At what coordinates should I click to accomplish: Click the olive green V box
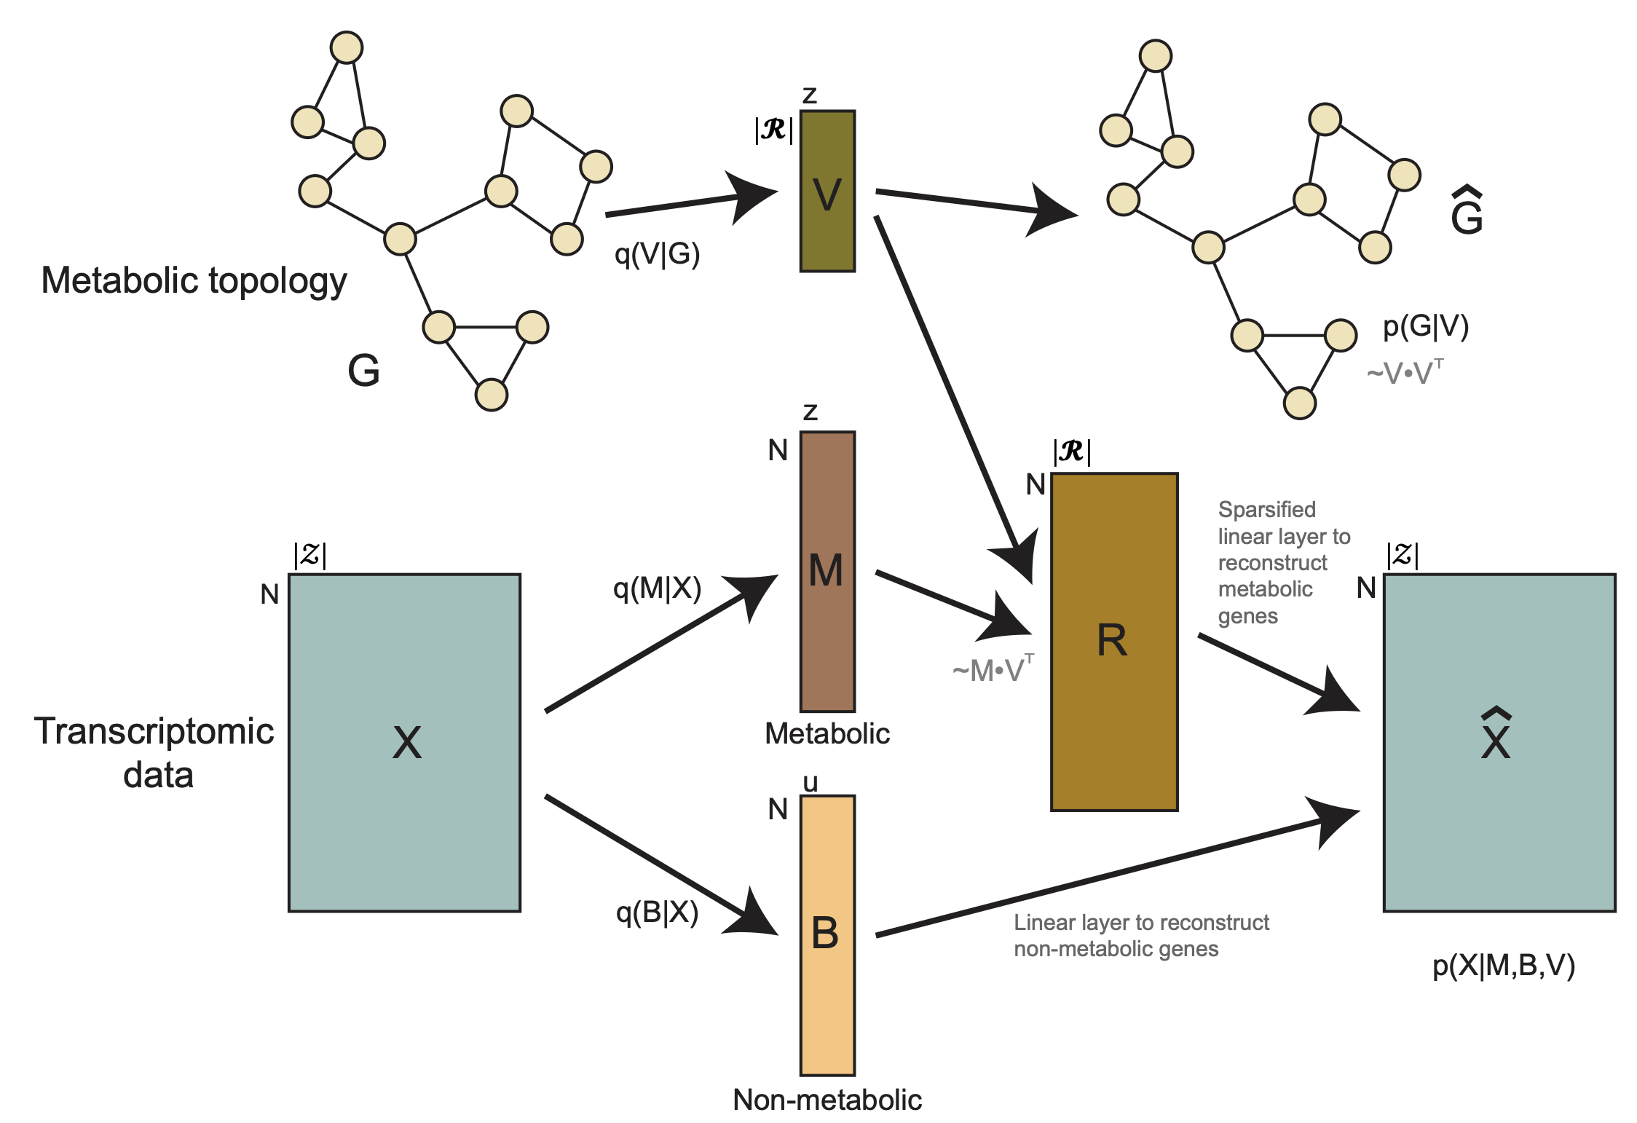pos(827,191)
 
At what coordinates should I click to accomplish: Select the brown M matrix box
pos(827,572)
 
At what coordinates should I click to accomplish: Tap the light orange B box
pos(827,935)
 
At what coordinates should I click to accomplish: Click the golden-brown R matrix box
pos(1114,642)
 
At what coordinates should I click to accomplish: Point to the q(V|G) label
pos(657,254)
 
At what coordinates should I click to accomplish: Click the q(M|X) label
pos(657,588)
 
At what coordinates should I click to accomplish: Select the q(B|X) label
pos(657,912)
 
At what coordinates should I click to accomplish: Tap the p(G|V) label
pos(1426,326)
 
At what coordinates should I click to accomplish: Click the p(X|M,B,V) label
pos(1504,965)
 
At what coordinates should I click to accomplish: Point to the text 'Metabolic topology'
pos(194,281)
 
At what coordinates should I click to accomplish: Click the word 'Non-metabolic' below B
pos(827,1100)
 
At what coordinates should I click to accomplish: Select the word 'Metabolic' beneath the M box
pos(827,733)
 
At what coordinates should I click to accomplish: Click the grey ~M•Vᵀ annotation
pos(993,669)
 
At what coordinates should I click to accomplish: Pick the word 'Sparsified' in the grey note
pos(1267,510)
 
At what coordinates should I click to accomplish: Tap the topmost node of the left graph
pos(347,48)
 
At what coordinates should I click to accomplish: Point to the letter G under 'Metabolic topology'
pos(363,371)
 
